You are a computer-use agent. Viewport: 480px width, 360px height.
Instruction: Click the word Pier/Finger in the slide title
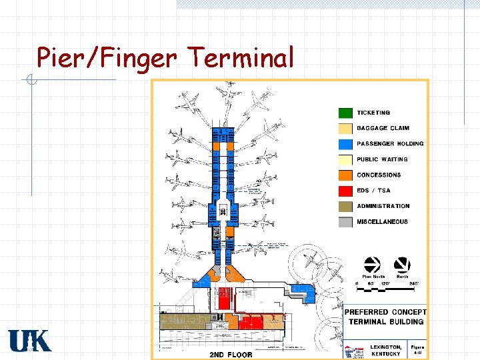coord(106,58)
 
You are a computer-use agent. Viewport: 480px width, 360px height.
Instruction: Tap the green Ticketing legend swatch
coord(345,113)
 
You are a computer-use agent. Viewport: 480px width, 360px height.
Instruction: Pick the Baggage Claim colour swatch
coord(345,129)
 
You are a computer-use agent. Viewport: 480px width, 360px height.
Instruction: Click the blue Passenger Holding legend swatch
coord(345,144)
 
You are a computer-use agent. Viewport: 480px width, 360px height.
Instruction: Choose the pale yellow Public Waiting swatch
coord(345,160)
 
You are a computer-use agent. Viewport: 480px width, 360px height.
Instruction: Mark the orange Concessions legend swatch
coord(345,175)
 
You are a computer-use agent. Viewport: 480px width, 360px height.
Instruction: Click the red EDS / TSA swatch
coord(345,191)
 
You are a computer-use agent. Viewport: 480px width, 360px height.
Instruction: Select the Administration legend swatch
coord(345,207)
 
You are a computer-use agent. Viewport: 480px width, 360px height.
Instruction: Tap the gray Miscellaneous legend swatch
coord(345,222)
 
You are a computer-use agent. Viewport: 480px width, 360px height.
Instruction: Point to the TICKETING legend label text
coord(373,113)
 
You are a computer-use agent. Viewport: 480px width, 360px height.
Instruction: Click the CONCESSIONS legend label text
coord(379,175)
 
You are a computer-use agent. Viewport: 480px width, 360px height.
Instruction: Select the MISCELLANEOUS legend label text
coord(382,222)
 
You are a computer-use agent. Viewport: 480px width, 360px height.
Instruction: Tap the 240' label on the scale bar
coord(413,284)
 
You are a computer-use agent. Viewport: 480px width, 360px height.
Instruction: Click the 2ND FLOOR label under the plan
coord(231,354)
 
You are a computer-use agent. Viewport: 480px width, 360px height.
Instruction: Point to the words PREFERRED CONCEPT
coord(385,312)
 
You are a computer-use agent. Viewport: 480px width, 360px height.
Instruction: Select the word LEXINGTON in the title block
coord(386,347)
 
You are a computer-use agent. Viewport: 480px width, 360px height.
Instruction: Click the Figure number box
coord(417,350)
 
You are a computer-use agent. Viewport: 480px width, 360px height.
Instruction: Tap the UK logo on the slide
coord(29,341)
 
